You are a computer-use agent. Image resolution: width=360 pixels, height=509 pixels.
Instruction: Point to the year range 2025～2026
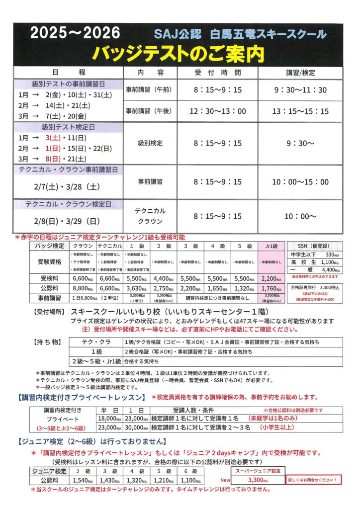click(75, 33)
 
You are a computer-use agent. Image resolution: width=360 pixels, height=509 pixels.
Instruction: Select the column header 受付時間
click(217, 72)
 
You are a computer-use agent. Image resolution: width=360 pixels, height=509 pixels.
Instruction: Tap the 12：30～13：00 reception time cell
click(217, 111)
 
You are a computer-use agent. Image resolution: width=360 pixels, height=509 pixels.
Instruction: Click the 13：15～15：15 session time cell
click(300, 111)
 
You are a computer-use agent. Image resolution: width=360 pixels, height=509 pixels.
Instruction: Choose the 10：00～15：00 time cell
click(300, 182)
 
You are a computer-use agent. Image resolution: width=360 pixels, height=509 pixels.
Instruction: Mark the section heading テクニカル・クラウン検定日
click(68, 205)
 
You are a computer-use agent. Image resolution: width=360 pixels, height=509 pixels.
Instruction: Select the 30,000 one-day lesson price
click(137, 427)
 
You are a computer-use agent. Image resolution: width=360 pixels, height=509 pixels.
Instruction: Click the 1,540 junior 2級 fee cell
click(81, 481)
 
